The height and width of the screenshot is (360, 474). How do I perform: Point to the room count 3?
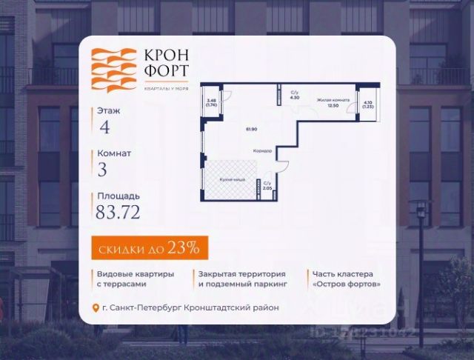point(102,169)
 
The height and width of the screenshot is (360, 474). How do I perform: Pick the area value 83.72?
point(118,213)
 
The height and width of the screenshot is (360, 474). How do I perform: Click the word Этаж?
point(108,110)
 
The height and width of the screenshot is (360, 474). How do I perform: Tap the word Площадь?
point(118,196)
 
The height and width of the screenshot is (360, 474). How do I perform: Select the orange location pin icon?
point(94,308)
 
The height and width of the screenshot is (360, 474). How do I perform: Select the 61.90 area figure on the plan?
point(252,129)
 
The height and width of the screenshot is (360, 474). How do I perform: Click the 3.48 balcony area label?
point(212,101)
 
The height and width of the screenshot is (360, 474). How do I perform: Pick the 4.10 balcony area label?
point(368,104)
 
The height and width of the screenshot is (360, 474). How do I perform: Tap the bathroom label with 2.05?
point(267,186)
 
